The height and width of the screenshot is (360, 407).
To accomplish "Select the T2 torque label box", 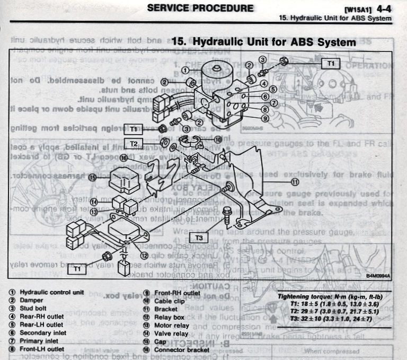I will click(x=134, y=144).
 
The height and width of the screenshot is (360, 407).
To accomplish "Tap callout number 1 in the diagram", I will click(x=185, y=70).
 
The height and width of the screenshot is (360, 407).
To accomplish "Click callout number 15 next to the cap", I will click(x=93, y=178).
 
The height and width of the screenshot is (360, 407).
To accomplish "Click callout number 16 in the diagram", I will click(x=123, y=158).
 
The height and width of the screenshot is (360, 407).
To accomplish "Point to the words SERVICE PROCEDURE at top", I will click(x=200, y=8).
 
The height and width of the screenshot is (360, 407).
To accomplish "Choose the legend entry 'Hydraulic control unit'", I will click(x=52, y=292).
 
